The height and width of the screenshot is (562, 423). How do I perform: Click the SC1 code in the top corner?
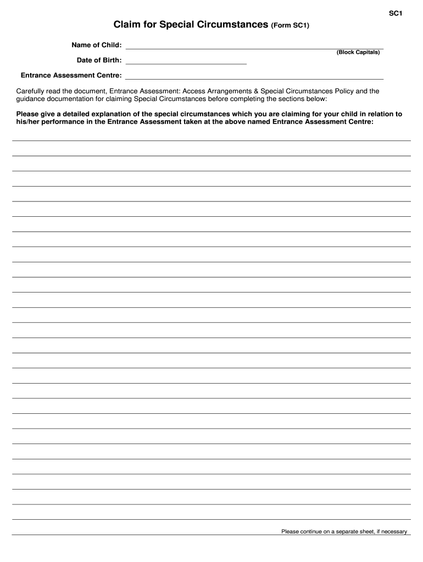tap(397, 14)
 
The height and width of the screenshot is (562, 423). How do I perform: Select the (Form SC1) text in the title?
tap(290, 26)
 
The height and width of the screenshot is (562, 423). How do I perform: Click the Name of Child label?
tap(97, 44)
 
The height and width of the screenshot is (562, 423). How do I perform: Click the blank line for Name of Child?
tap(254, 48)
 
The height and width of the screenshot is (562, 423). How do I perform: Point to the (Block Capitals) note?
tap(358, 52)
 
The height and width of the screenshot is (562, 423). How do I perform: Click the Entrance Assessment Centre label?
tap(71, 75)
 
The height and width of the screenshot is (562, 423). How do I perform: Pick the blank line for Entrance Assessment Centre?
tap(254, 78)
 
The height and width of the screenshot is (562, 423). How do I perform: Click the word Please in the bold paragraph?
tap(28, 114)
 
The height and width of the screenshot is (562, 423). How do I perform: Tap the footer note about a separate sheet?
tap(344, 531)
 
